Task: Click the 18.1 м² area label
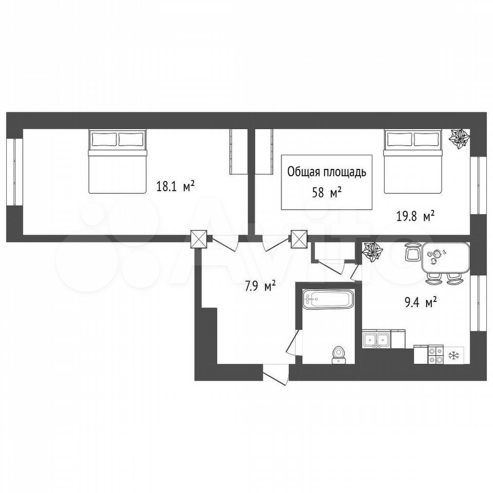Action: click(x=176, y=187)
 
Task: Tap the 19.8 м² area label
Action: click(x=415, y=216)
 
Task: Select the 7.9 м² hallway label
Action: click(x=261, y=286)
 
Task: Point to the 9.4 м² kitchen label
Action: click(x=421, y=304)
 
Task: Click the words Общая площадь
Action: click(x=327, y=173)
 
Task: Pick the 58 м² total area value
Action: click(x=327, y=193)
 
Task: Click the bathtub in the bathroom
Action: click(x=328, y=298)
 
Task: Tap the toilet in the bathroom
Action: click(x=339, y=355)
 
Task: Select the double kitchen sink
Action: click(x=376, y=339)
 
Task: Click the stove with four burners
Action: click(x=436, y=355)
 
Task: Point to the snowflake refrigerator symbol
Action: click(x=453, y=355)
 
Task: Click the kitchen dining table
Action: click(x=445, y=257)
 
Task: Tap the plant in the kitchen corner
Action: click(x=372, y=253)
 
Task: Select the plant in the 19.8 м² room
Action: click(x=459, y=138)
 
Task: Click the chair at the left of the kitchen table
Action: click(x=413, y=252)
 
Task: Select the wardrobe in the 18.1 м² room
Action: click(x=239, y=151)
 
